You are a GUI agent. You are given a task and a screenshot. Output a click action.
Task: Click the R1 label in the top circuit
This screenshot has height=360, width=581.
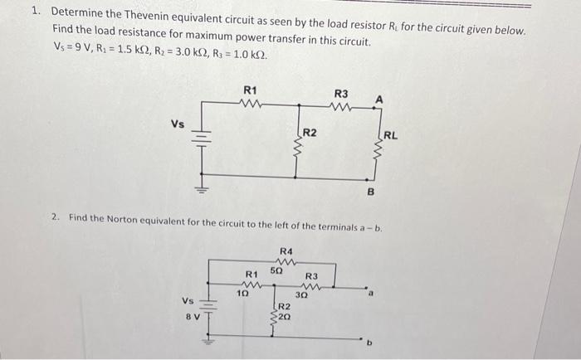249,89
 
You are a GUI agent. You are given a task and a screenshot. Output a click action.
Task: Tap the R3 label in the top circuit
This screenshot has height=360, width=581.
340,94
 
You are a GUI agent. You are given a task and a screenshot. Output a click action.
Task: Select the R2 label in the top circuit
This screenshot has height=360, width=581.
309,132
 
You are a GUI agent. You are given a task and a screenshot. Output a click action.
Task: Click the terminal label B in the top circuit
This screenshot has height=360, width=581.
371,192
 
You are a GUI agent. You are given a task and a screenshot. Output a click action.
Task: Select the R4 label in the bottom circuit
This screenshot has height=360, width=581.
286,250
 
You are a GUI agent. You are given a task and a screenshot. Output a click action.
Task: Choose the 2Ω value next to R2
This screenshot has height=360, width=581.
284,316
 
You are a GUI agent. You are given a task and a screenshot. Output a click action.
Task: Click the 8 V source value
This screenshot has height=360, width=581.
190,314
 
